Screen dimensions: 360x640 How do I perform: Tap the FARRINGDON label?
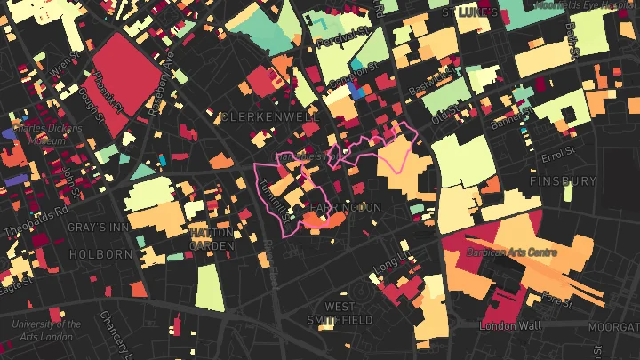(345, 207)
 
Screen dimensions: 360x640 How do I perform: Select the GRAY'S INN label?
(99, 228)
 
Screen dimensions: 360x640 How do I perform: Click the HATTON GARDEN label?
(212, 239)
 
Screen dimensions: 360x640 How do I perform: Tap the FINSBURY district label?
(563, 180)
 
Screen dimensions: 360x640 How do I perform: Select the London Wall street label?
(510, 326)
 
